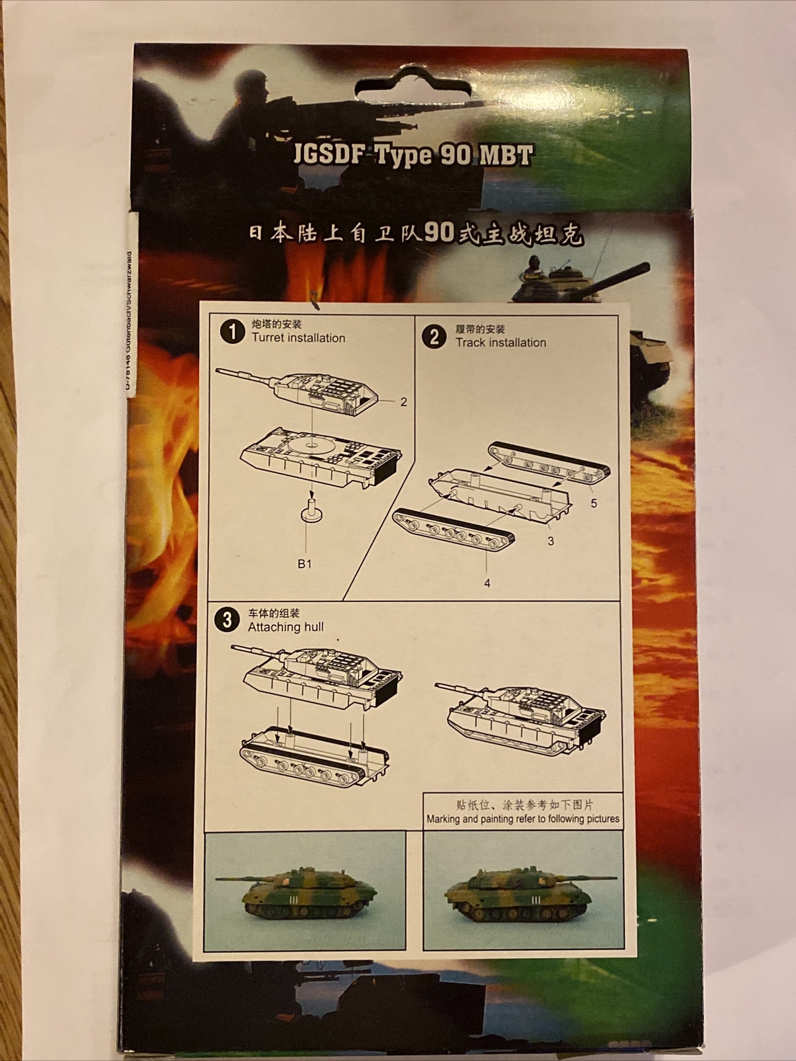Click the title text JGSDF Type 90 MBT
(x=413, y=155)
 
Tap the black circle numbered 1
(x=232, y=332)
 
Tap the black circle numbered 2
(x=434, y=337)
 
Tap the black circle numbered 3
(x=228, y=620)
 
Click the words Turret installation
(x=298, y=338)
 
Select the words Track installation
(x=500, y=343)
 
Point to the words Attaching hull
(x=285, y=627)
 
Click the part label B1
(x=304, y=564)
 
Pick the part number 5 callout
(x=594, y=503)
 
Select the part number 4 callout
(x=488, y=584)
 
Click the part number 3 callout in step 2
(x=551, y=541)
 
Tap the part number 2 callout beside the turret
(x=403, y=402)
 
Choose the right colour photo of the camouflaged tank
(x=523, y=891)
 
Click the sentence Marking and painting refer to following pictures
(x=523, y=819)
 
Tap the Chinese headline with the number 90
(x=416, y=233)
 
